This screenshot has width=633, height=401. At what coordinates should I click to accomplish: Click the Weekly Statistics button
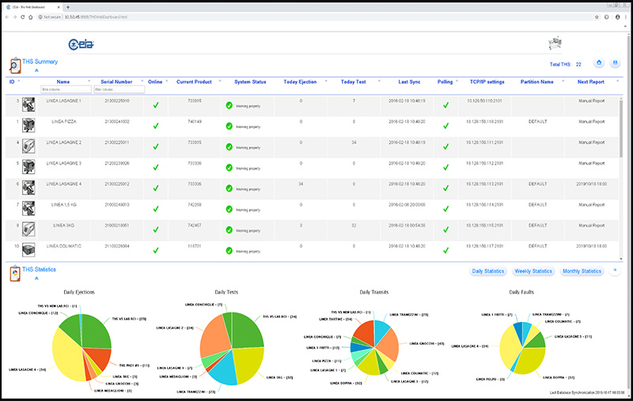(533, 271)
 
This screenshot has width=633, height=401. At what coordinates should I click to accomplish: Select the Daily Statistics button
(489, 271)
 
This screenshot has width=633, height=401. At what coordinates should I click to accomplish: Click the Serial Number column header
(116, 81)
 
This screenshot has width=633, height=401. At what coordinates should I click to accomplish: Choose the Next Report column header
(590, 81)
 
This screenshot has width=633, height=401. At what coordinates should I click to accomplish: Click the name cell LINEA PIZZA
(63, 122)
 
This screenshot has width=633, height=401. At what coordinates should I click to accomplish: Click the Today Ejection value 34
(301, 183)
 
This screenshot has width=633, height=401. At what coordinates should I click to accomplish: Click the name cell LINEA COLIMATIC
(63, 245)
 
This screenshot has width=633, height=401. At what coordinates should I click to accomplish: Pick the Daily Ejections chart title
(79, 293)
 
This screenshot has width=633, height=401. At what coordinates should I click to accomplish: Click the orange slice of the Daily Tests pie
(216, 346)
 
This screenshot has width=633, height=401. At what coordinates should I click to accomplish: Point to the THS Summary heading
(40, 61)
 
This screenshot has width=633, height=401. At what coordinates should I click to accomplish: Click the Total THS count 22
(578, 64)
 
